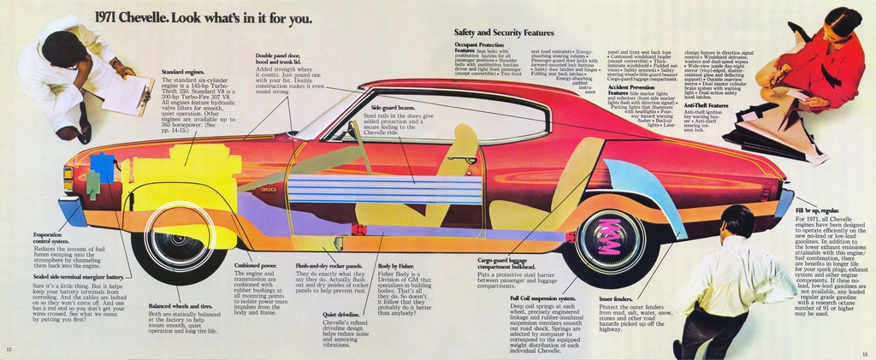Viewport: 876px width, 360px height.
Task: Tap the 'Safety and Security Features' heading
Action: point(504,32)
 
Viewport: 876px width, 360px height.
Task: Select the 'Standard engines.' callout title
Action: point(183,72)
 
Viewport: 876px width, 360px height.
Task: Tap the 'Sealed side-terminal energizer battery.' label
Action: point(78,277)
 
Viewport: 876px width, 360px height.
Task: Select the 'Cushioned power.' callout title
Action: point(255,266)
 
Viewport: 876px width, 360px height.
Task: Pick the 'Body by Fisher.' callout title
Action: point(396,266)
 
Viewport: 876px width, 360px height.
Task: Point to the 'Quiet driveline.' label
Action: point(341,315)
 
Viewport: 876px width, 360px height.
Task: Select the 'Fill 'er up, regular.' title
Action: point(817,210)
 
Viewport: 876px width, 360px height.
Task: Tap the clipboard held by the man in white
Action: point(128,94)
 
